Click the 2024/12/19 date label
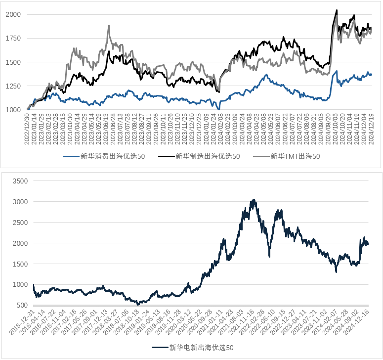371,130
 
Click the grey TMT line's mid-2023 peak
108,26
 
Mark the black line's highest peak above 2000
337,10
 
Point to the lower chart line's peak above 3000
254,200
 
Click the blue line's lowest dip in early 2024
219,109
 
